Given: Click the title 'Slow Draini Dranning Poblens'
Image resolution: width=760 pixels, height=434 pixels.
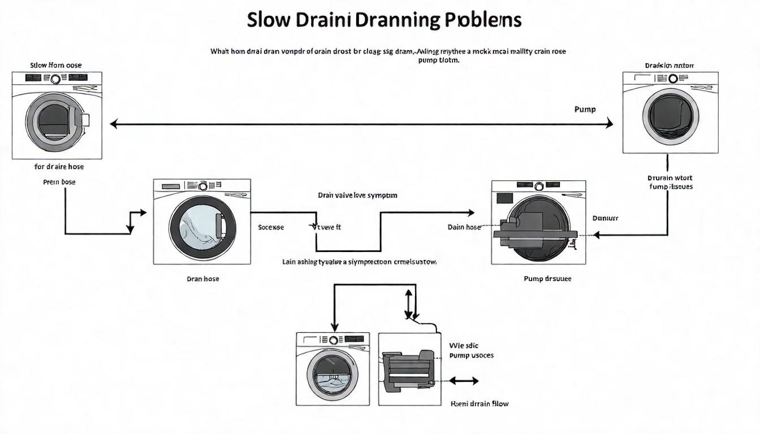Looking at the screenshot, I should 384,20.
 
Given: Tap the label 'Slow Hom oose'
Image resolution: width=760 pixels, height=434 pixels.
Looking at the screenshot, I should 56,65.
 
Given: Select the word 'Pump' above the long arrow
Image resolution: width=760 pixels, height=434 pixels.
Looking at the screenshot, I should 585,109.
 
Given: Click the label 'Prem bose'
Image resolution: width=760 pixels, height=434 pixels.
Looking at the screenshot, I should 59,182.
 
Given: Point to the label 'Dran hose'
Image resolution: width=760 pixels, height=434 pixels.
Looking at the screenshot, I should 202,279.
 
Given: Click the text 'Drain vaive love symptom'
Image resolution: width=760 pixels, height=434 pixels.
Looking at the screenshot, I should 357,195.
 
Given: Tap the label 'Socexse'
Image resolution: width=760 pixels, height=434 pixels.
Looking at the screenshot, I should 271,227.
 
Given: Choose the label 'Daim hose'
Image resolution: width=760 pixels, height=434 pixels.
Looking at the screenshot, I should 464,227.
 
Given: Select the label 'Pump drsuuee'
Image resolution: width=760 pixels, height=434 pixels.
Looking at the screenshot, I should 547,279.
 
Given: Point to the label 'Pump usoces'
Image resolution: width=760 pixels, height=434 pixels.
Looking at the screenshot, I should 471,355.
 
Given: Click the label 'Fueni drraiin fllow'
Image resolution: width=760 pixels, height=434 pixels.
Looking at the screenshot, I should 479,404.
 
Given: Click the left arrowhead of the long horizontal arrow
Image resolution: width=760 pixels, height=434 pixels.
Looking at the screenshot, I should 113,124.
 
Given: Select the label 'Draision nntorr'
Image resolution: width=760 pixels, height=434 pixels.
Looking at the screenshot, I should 670,66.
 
